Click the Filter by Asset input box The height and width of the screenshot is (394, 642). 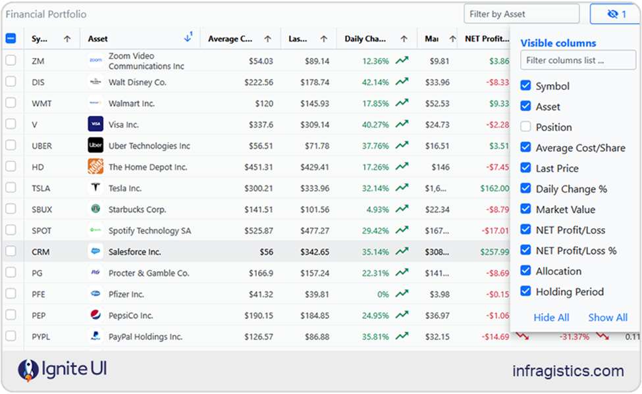[x=520, y=14]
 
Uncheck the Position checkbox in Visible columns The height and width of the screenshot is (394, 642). [x=525, y=127]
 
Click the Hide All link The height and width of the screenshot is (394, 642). [x=551, y=317]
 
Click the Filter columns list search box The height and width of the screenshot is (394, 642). [x=569, y=61]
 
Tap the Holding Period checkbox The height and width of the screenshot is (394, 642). [x=525, y=291]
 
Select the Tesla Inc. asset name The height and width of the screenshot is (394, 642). [x=125, y=188]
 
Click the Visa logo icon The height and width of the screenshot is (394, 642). [x=95, y=124]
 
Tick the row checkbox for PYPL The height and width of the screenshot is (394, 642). [x=11, y=336]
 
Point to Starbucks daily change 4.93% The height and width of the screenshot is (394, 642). [x=376, y=210]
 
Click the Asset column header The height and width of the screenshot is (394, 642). [x=98, y=39]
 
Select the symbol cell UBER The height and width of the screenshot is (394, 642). [x=41, y=146]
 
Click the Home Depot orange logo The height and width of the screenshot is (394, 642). [x=95, y=167]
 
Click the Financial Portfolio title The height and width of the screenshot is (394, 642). [x=46, y=14]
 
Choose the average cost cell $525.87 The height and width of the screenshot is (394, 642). [x=259, y=231]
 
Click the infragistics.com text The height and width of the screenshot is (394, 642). [x=568, y=370]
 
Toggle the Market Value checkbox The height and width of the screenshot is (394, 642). [x=525, y=209]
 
